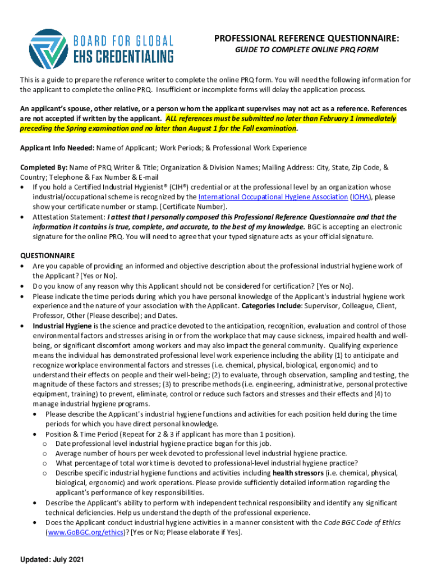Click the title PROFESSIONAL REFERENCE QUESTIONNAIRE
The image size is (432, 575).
click(x=306, y=38)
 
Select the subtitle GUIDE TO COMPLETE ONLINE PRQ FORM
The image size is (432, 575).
click(x=306, y=50)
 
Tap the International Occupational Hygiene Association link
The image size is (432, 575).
click(x=273, y=197)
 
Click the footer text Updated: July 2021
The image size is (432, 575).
click(x=52, y=560)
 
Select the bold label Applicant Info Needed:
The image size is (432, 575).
click(x=58, y=148)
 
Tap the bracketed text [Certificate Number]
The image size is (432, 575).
click(x=192, y=207)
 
